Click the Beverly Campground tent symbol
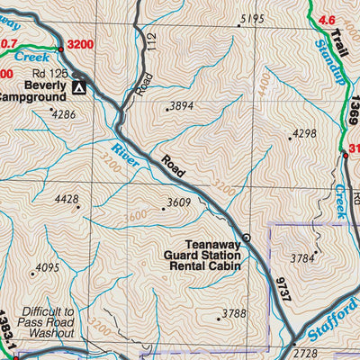point(79,88)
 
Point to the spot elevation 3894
point(182,106)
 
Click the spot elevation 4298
point(305,134)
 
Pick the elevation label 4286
point(64,114)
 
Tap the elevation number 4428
point(68,199)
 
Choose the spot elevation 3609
point(178,203)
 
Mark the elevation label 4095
point(46,267)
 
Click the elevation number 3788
point(233,313)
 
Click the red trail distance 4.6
point(326,19)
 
